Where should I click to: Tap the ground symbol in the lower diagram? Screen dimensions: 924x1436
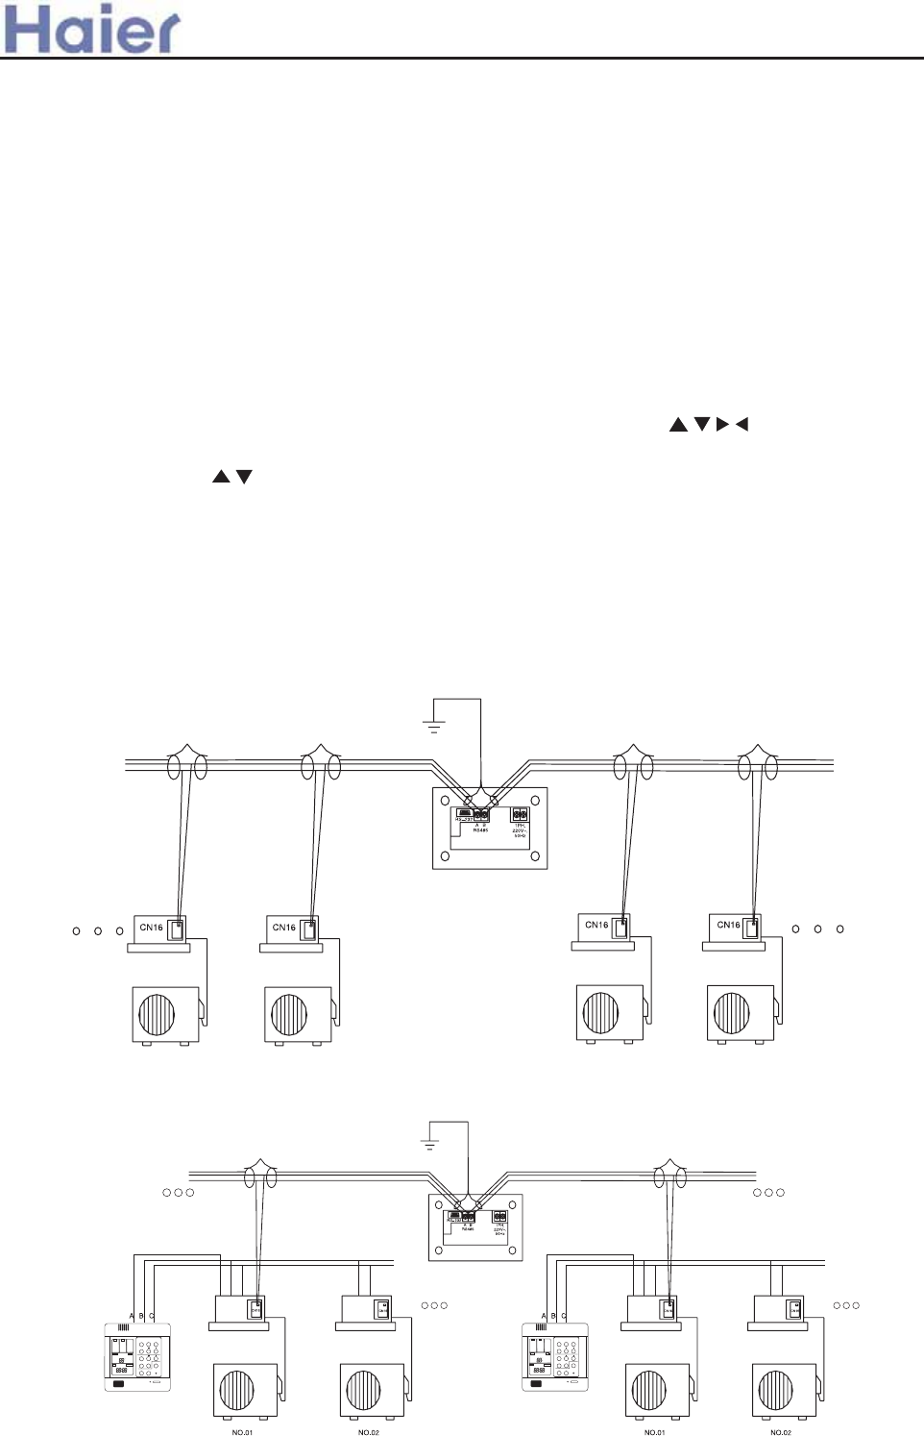tap(429, 1144)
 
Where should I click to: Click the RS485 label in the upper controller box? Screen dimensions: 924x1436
tap(481, 829)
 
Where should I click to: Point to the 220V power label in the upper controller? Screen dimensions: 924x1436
tap(520, 829)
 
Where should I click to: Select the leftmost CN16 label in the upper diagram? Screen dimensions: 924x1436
tap(151, 928)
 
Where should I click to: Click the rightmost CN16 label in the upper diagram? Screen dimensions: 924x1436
tap(729, 926)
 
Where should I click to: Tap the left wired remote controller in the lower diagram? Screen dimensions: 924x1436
tap(137, 1356)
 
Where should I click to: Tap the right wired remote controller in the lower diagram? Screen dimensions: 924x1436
tap(554, 1356)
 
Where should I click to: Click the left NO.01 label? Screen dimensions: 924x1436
tap(242, 1432)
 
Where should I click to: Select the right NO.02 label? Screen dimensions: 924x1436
tap(781, 1432)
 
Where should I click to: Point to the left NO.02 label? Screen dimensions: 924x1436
tap(369, 1432)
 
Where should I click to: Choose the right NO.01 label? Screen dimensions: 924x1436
tap(655, 1432)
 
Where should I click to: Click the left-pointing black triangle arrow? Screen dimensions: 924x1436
tap(741, 424)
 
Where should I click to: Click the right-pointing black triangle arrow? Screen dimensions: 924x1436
tap(722, 424)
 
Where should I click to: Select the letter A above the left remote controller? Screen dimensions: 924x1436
tap(132, 1316)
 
